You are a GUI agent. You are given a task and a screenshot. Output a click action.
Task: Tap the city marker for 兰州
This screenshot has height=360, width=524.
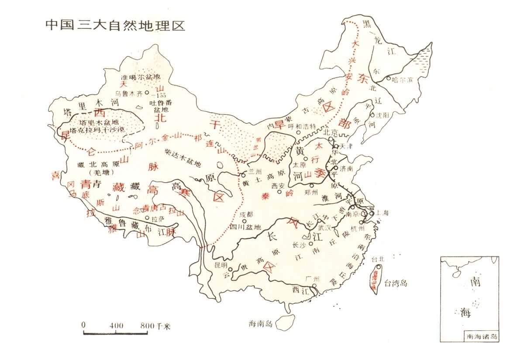(x=243, y=175)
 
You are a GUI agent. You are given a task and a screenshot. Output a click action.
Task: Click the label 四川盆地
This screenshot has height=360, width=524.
(x=245, y=227)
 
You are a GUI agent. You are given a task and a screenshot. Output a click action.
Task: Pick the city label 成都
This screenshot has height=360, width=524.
(x=246, y=214)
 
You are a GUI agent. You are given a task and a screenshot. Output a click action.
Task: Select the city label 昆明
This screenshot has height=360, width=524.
(x=221, y=265)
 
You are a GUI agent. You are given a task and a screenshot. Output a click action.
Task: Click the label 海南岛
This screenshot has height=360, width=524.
(x=260, y=324)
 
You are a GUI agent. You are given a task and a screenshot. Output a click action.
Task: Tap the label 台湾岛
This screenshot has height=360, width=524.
(x=395, y=283)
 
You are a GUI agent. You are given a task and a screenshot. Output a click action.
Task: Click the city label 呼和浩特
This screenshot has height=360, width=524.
(x=301, y=125)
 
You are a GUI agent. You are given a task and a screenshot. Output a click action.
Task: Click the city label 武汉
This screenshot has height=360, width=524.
(x=325, y=228)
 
